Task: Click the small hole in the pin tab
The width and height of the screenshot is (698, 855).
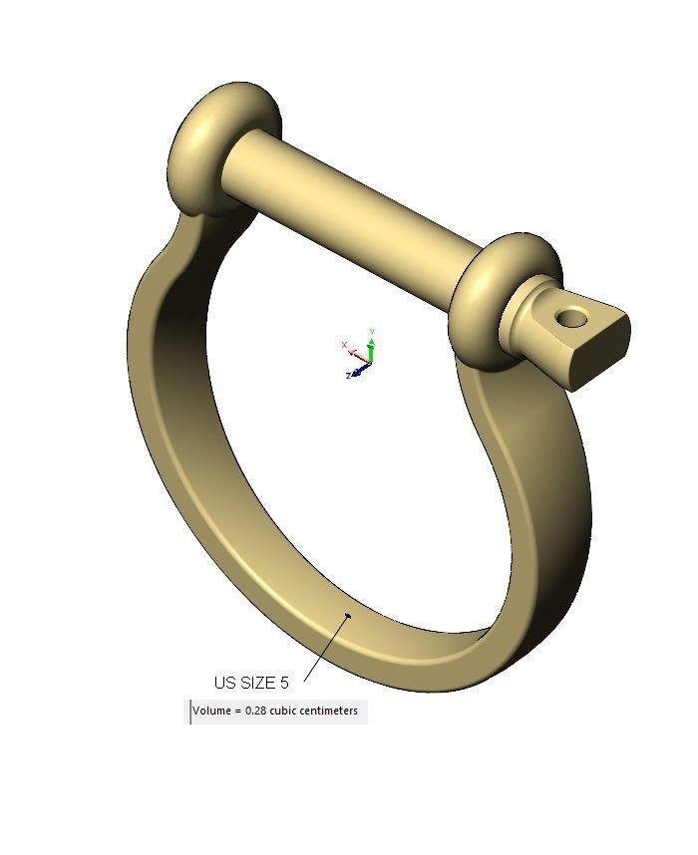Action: coord(571,318)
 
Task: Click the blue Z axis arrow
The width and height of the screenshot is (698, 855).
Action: coord(360,371)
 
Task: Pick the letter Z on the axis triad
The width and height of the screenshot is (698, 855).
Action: coord(348,376)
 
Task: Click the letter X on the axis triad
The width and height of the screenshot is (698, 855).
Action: coord(345,346)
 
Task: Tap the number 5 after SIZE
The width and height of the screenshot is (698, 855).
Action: coord(284,683)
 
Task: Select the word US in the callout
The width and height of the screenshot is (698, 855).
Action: coord(225,683)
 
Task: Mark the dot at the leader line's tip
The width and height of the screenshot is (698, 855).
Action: coord(348,615)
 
